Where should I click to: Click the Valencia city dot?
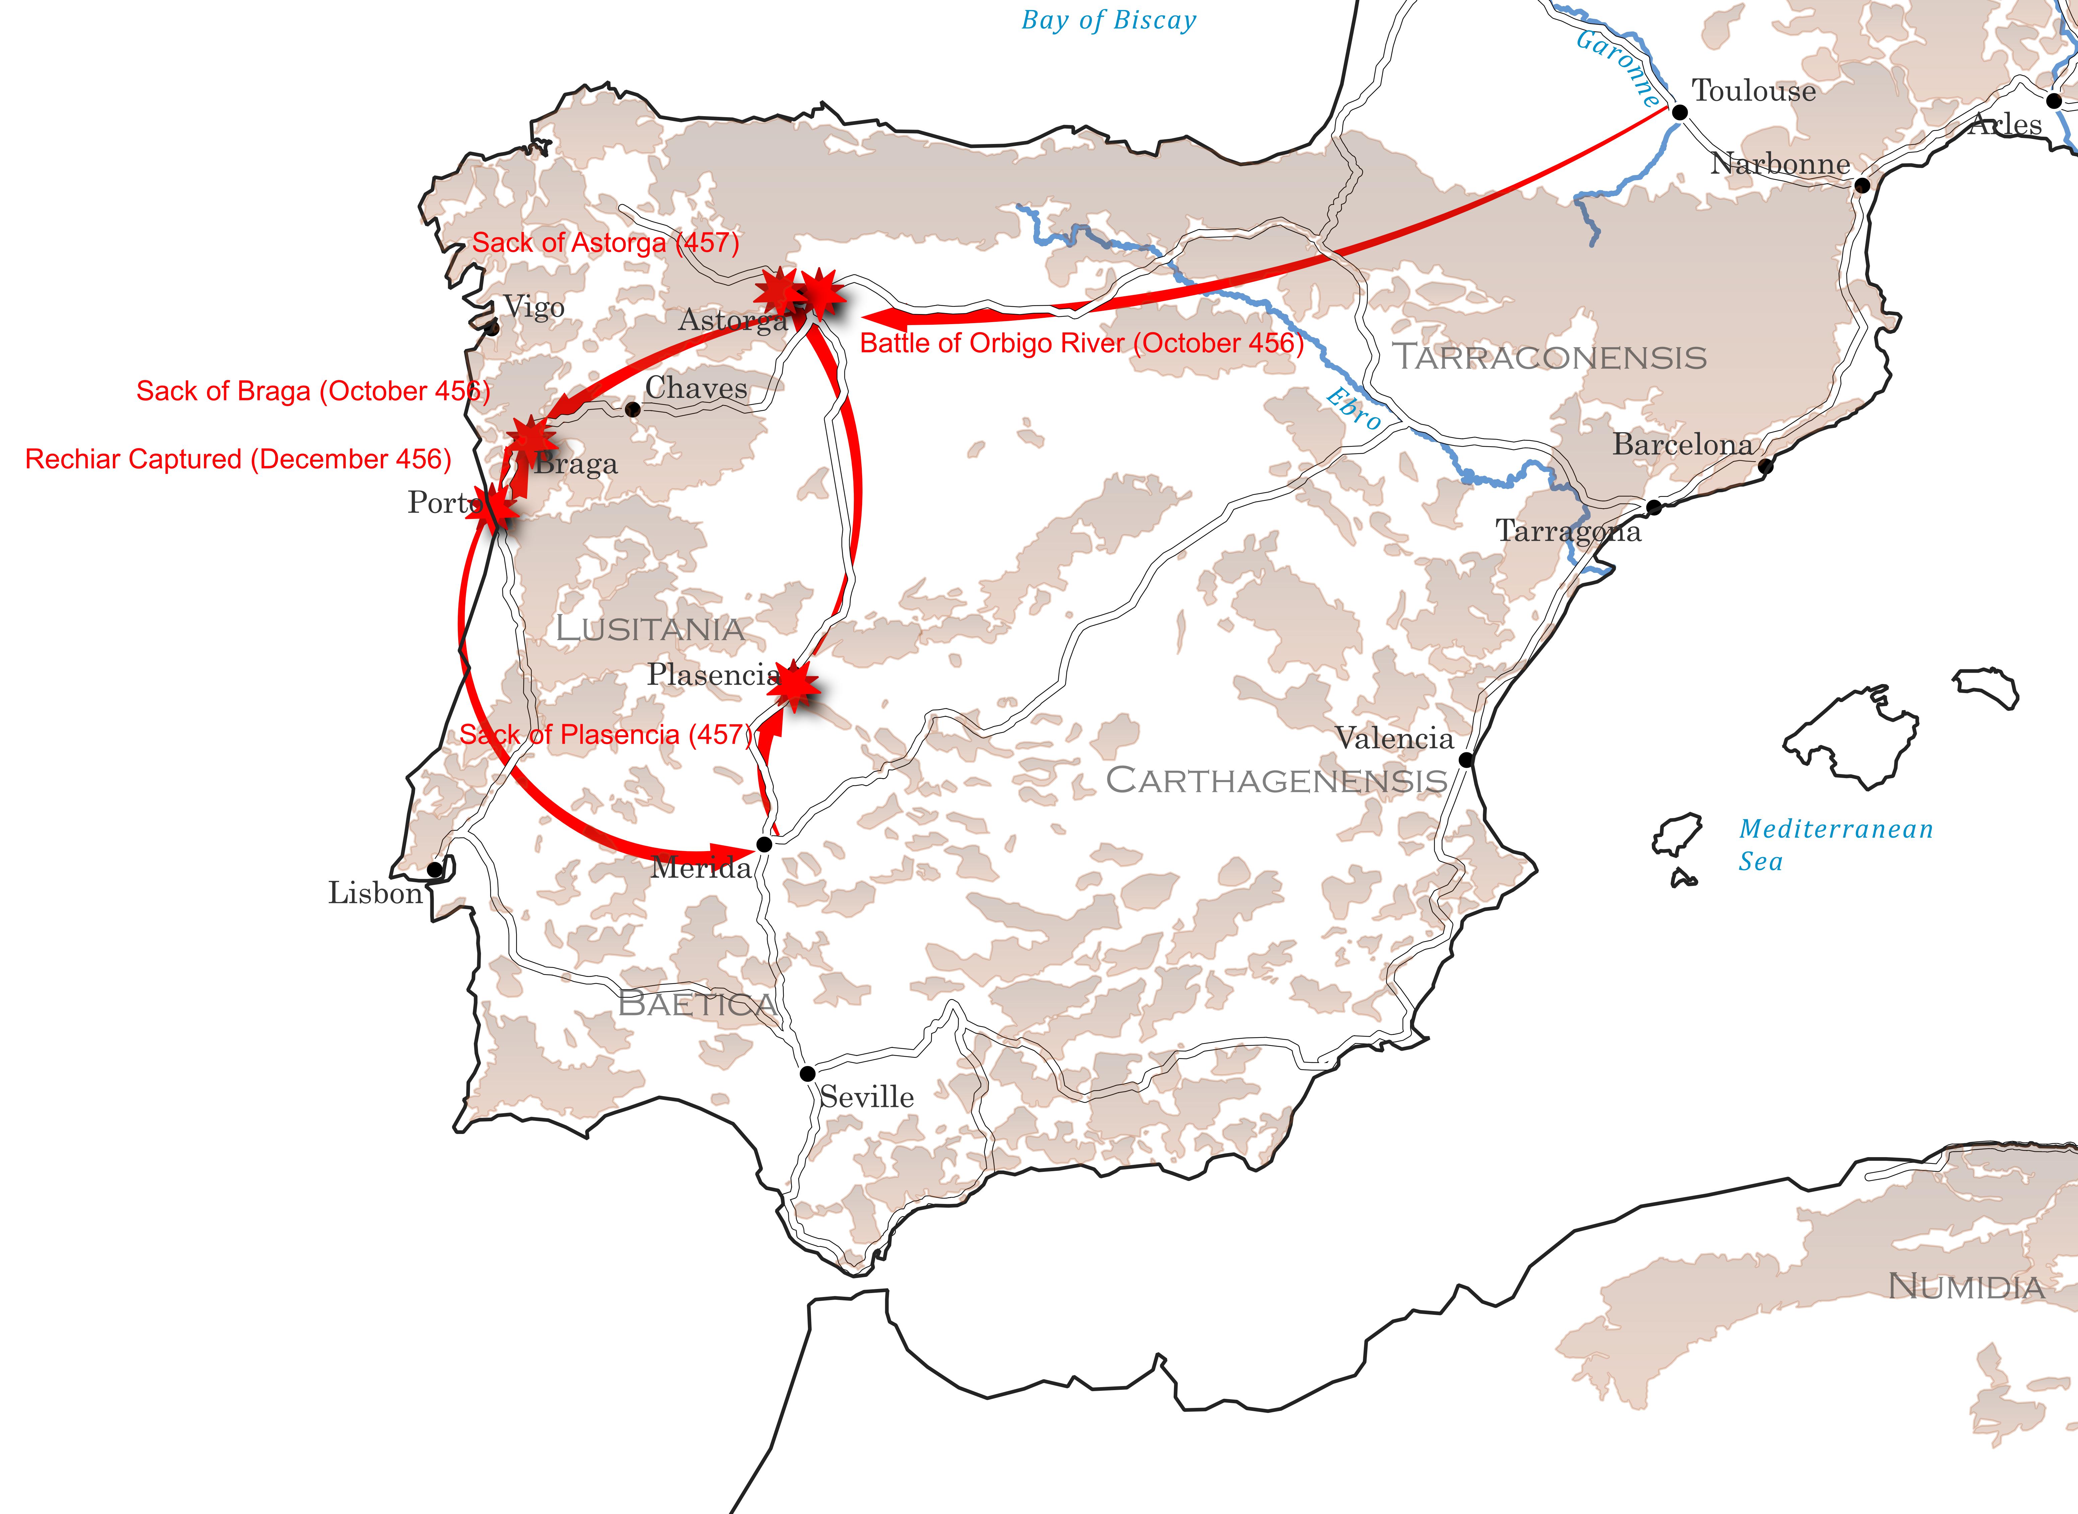[x=1466, y=760]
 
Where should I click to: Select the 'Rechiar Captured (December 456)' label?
[x=238, y=459]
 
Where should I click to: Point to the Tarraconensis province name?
[x=1549, y=358]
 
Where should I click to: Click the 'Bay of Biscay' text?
[x=1108, y=20]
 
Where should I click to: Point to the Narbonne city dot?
[x=1862, y=185]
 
